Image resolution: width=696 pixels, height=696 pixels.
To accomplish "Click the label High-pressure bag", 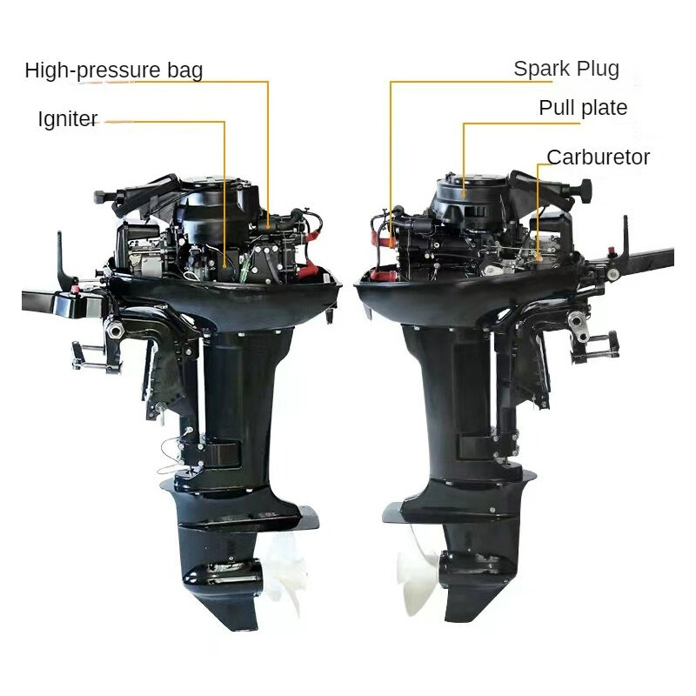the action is (114, 70).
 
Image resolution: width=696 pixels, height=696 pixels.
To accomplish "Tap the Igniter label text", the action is (68, 119).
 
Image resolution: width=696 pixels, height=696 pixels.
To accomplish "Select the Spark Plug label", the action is (566, 69).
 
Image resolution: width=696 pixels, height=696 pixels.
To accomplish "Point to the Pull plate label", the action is (583, 108).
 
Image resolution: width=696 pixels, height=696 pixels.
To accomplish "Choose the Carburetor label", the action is (598, 157).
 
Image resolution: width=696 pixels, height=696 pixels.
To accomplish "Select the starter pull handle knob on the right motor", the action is (586, 188).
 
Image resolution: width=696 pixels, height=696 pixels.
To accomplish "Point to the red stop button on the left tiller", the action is (75, 290).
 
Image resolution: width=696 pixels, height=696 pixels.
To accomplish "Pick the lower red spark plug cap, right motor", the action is (384, 275).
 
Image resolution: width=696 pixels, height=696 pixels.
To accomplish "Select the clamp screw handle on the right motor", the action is (595, 347).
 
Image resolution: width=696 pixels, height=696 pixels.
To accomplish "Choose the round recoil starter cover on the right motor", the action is (471, 195).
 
